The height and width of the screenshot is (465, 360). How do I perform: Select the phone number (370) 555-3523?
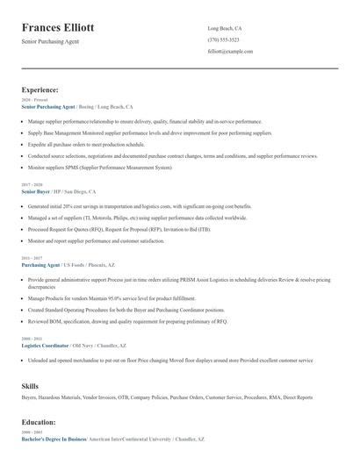[x=223, y=40]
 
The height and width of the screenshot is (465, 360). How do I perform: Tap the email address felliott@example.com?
[x=230, y=52]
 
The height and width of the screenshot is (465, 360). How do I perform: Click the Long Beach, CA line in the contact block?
[x=225, y=29]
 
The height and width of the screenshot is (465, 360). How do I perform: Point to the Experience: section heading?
[x=40, y=89]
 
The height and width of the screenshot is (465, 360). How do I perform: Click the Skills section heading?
[x=31, y=385]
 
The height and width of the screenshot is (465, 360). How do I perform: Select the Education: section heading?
[x=40, y=421]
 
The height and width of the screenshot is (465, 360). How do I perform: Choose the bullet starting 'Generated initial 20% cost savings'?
[x=139, y=206]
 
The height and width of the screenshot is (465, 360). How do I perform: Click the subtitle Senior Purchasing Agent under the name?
[x=50, y=42]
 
